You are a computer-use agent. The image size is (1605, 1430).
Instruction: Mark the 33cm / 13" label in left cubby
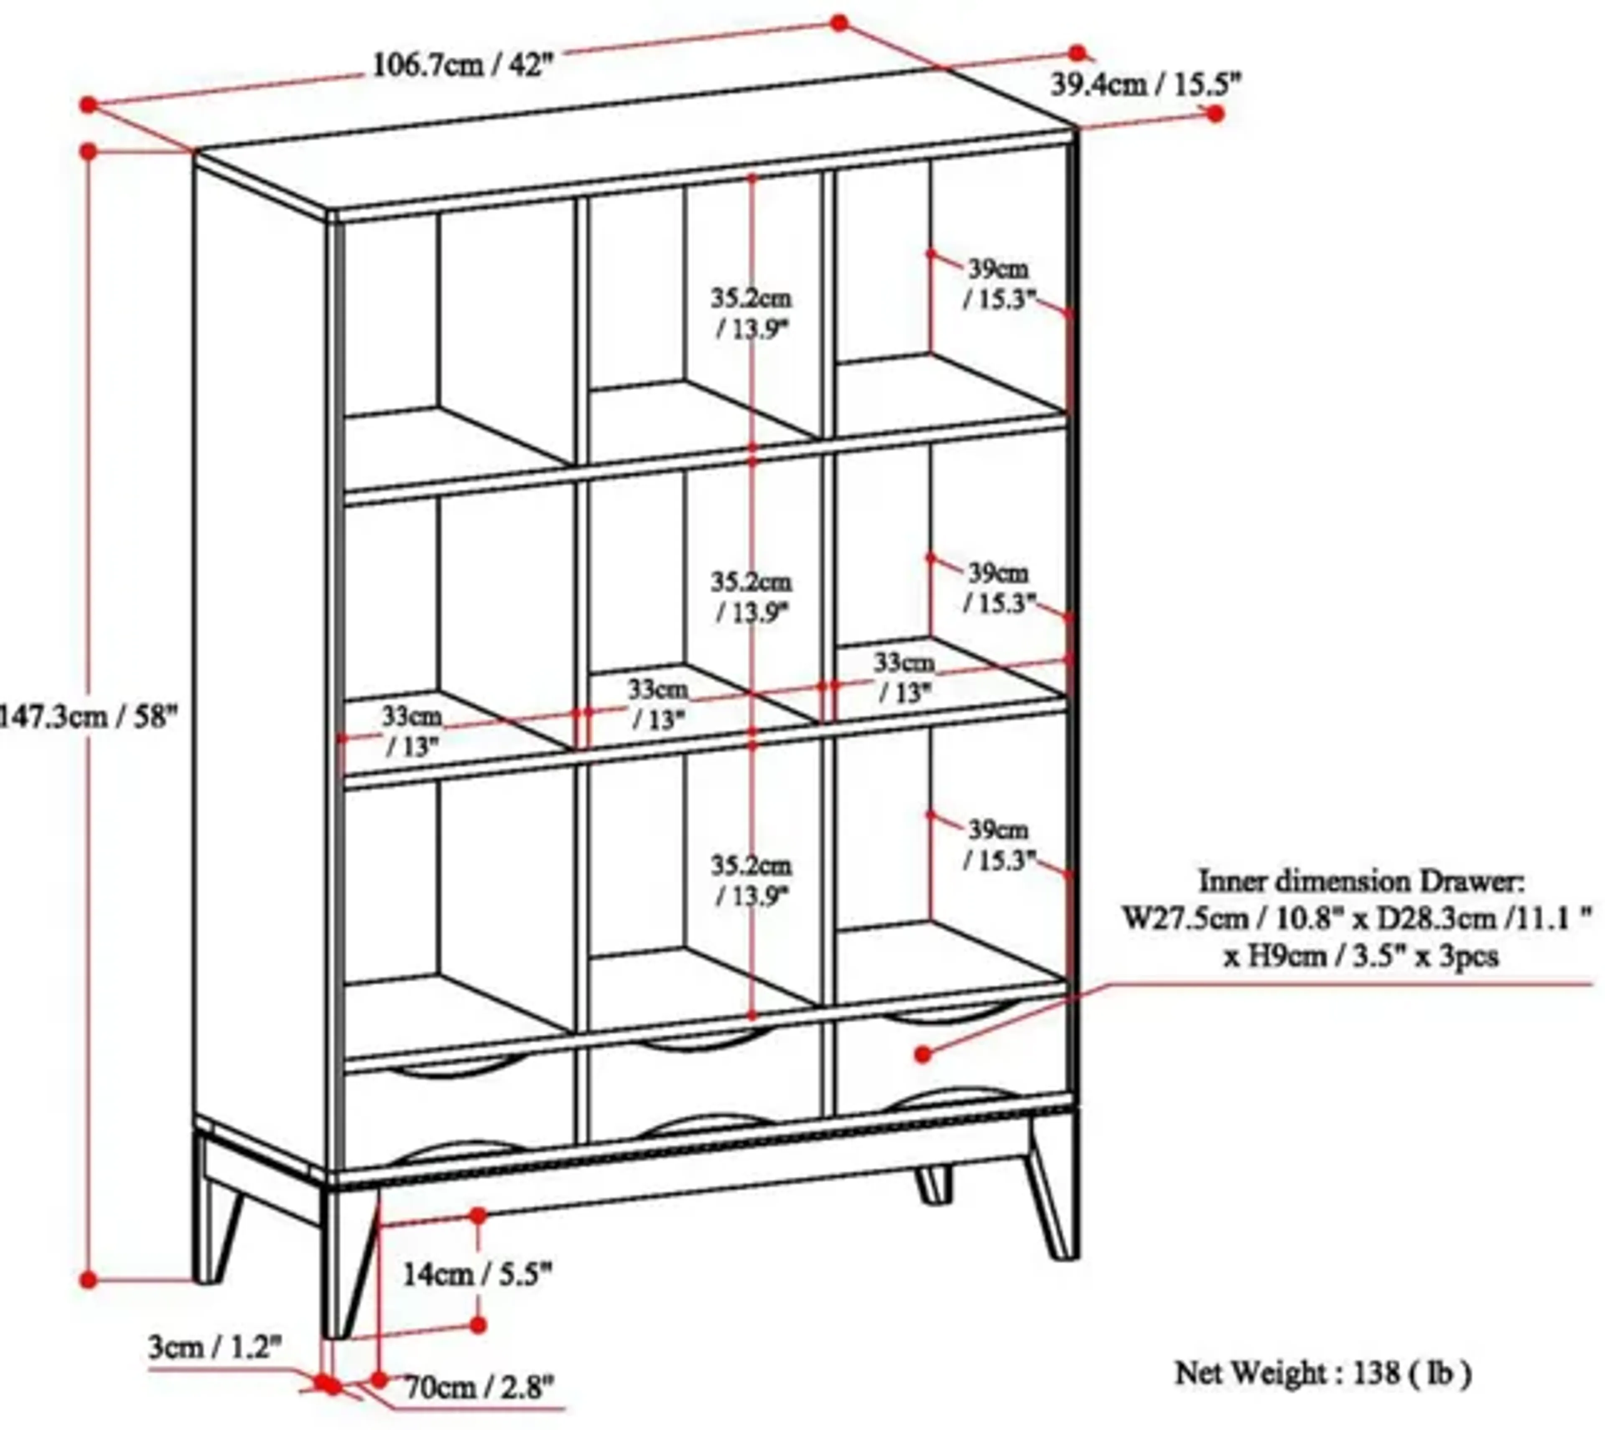coord(412,731)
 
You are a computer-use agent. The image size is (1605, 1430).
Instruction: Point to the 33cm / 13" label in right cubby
coord(904,677)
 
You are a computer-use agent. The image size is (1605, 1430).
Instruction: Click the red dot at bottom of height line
coord(88,1280)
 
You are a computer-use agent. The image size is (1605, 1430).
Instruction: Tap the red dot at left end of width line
coord(88,104)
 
